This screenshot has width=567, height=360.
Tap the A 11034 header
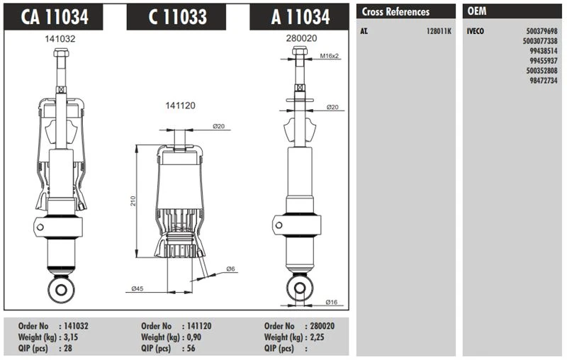click(301, 17)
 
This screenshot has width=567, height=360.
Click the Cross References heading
click(395, 12)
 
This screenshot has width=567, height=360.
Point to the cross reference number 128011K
click(437, 32)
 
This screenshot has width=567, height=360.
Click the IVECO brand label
click(476, 32)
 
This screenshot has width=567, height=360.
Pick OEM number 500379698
click(541, 32)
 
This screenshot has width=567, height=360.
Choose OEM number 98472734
click(543, 81)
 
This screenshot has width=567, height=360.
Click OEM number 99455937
click(543, 62)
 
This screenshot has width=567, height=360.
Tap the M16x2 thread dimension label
click(330, 55)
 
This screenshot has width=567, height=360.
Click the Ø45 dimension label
click(139, 288)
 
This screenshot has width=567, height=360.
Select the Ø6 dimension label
click(230, 269)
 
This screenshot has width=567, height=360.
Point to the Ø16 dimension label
click(331, 302)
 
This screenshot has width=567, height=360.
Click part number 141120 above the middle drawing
click(180, 105)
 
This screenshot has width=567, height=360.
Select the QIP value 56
click(189, 349)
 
